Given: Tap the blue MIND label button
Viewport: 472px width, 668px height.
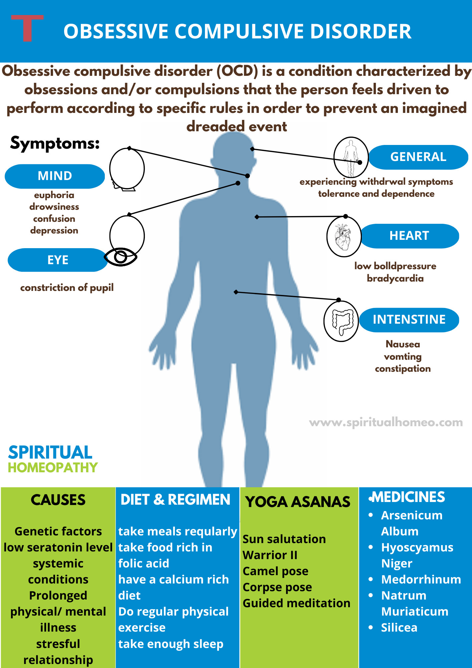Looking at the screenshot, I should (x=55, y=176).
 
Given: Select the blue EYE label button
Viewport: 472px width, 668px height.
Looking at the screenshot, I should (x=58, y=260).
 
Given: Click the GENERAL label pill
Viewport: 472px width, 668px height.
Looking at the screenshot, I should (x=418, y=157).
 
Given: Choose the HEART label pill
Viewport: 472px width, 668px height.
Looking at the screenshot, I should (x=409, y=236).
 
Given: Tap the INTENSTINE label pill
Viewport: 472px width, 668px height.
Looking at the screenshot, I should (x=409, y=320).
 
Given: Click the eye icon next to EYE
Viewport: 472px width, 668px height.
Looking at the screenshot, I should (x=121, y=257).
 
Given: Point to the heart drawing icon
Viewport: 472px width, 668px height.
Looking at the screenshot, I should (x=343, y=237).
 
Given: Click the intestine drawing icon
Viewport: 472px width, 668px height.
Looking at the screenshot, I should (x=341, y=321).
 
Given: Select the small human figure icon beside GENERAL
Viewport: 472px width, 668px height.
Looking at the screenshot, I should (x=350, y=157).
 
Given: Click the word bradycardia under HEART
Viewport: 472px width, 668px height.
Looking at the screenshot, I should (x=395, y=278).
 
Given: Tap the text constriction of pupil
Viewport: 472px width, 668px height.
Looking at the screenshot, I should (x=67, y=288).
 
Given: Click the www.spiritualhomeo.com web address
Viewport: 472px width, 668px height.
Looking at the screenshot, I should (x=386, y=423).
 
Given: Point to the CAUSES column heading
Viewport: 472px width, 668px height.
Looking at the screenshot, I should (x=58, y=500).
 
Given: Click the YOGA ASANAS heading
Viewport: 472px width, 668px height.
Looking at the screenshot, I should (x=298, y=502).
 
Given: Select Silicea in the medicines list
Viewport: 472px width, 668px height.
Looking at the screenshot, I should (x=399, y=628).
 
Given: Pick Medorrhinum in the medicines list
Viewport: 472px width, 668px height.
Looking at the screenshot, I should (x=421, y=579).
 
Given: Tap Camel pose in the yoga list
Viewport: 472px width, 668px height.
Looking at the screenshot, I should (x=275, y=571).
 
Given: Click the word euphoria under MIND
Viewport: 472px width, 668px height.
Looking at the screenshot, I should (x=54, y=195).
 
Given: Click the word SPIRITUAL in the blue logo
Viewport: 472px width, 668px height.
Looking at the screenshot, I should (x=50, y=453).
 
